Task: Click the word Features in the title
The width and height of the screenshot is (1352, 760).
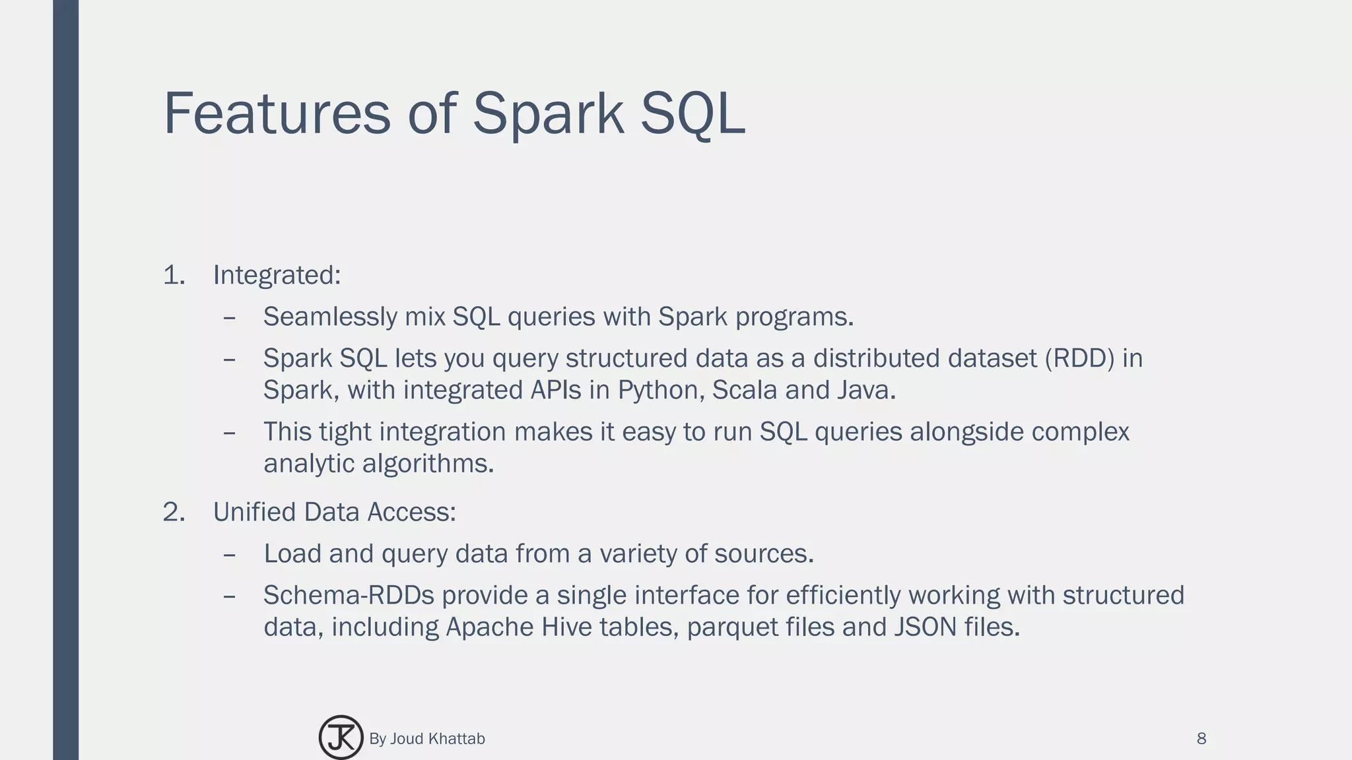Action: (x=277, y=113)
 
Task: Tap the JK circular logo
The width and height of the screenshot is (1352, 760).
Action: (x=341, y=738)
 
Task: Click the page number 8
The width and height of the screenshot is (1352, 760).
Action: (x=1201, y=738)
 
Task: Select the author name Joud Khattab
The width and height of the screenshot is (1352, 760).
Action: (x=437, y=738)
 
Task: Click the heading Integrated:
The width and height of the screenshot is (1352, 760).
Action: (x=277, y=275)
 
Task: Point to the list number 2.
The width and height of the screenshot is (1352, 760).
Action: (x=173, y=513)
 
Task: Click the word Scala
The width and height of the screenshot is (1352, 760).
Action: (x=745, y=390)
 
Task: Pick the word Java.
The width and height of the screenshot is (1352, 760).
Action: (x=865, y=390)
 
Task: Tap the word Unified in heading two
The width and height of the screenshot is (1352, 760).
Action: (x=254, y=513)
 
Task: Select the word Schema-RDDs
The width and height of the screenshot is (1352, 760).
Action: (x=349, y=595)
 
